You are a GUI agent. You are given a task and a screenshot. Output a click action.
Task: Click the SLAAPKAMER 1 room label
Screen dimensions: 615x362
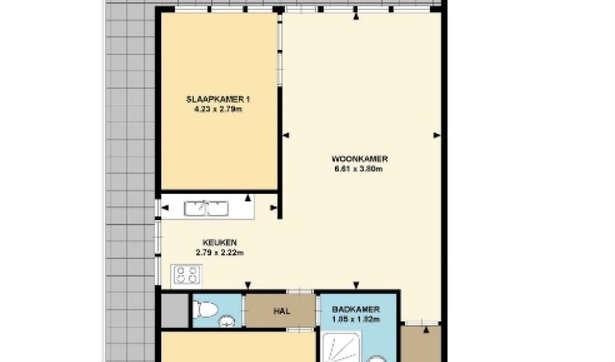pos(218,99)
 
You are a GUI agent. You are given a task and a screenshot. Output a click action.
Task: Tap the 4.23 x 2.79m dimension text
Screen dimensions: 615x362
pos(218,109)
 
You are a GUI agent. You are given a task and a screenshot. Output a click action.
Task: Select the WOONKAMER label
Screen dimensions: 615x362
pos(360,159)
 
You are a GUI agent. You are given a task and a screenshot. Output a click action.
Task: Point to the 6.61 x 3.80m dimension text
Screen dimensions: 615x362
pos(358,169)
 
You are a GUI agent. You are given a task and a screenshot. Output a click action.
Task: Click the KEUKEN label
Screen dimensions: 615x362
pos(220,243)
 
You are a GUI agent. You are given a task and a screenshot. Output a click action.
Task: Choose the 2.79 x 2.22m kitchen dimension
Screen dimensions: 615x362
pos(220,253)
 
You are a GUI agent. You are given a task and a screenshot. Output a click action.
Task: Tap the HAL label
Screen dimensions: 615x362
pos(281,311)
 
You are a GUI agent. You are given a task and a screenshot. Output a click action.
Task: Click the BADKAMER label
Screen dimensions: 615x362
pos(356,309)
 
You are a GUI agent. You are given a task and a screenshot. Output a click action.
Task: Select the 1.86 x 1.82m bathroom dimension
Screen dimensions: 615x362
pos(356,319)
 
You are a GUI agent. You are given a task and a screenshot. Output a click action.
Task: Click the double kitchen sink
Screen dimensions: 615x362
pos(206,208)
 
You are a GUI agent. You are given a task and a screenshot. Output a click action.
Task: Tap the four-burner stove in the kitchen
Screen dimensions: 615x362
pos(187,275)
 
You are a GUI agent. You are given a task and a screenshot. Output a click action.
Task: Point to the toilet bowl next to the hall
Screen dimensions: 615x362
pos(206,309)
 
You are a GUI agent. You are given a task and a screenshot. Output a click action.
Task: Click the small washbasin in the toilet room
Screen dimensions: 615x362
pos(226,322)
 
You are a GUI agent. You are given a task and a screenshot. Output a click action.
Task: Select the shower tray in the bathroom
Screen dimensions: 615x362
pos(341,348)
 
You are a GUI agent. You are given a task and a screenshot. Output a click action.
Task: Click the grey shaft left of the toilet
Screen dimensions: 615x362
pos(175,310)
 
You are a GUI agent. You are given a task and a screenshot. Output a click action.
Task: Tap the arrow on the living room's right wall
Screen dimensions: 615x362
pos(437,135)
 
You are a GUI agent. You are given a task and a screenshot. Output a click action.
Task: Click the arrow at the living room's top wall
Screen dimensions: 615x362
pos(356,17)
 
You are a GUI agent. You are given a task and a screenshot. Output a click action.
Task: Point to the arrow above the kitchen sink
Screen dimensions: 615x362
pos(248,198)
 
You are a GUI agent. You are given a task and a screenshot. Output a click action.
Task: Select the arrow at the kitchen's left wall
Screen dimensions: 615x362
pos(165,208)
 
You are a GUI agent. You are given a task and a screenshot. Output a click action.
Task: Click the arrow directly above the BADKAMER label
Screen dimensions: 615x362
pos(356,285)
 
